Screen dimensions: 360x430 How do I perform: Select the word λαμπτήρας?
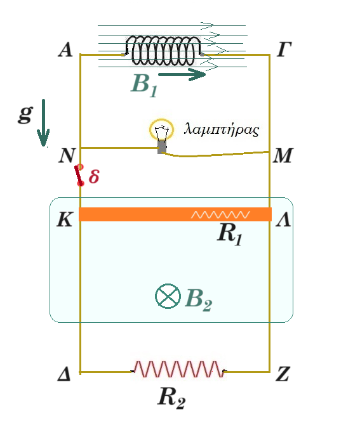(x=222, y=129)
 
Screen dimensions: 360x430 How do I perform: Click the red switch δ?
(x=79, y=175)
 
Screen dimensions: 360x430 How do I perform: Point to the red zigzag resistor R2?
(x=178, y=369)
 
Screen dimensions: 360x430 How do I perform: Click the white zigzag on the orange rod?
(x=220, y=215)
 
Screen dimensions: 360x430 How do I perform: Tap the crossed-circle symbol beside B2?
(x=168, y=296)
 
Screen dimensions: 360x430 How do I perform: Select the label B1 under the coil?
(x=144, y=85)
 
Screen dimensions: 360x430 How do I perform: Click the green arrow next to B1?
(x=182, y=74)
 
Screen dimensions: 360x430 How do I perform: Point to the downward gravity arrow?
(x=43, y=122)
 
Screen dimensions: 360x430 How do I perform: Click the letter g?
(x=25, y=114)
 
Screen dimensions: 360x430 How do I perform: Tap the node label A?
(x=65, y=50)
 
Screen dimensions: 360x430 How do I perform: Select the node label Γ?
(x=284, y=49)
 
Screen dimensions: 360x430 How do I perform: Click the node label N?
(x=67, y=155)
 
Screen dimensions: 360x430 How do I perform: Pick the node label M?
(x=283, y=155)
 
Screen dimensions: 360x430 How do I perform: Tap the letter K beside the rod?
(x=65, y=219)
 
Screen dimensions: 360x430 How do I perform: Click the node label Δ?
(x=64, y=374)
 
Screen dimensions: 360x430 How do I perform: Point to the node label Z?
(x=283, y=374)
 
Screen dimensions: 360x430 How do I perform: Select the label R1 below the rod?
(x=230, y=234)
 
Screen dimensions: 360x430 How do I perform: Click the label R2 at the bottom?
(x=171, y=398)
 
